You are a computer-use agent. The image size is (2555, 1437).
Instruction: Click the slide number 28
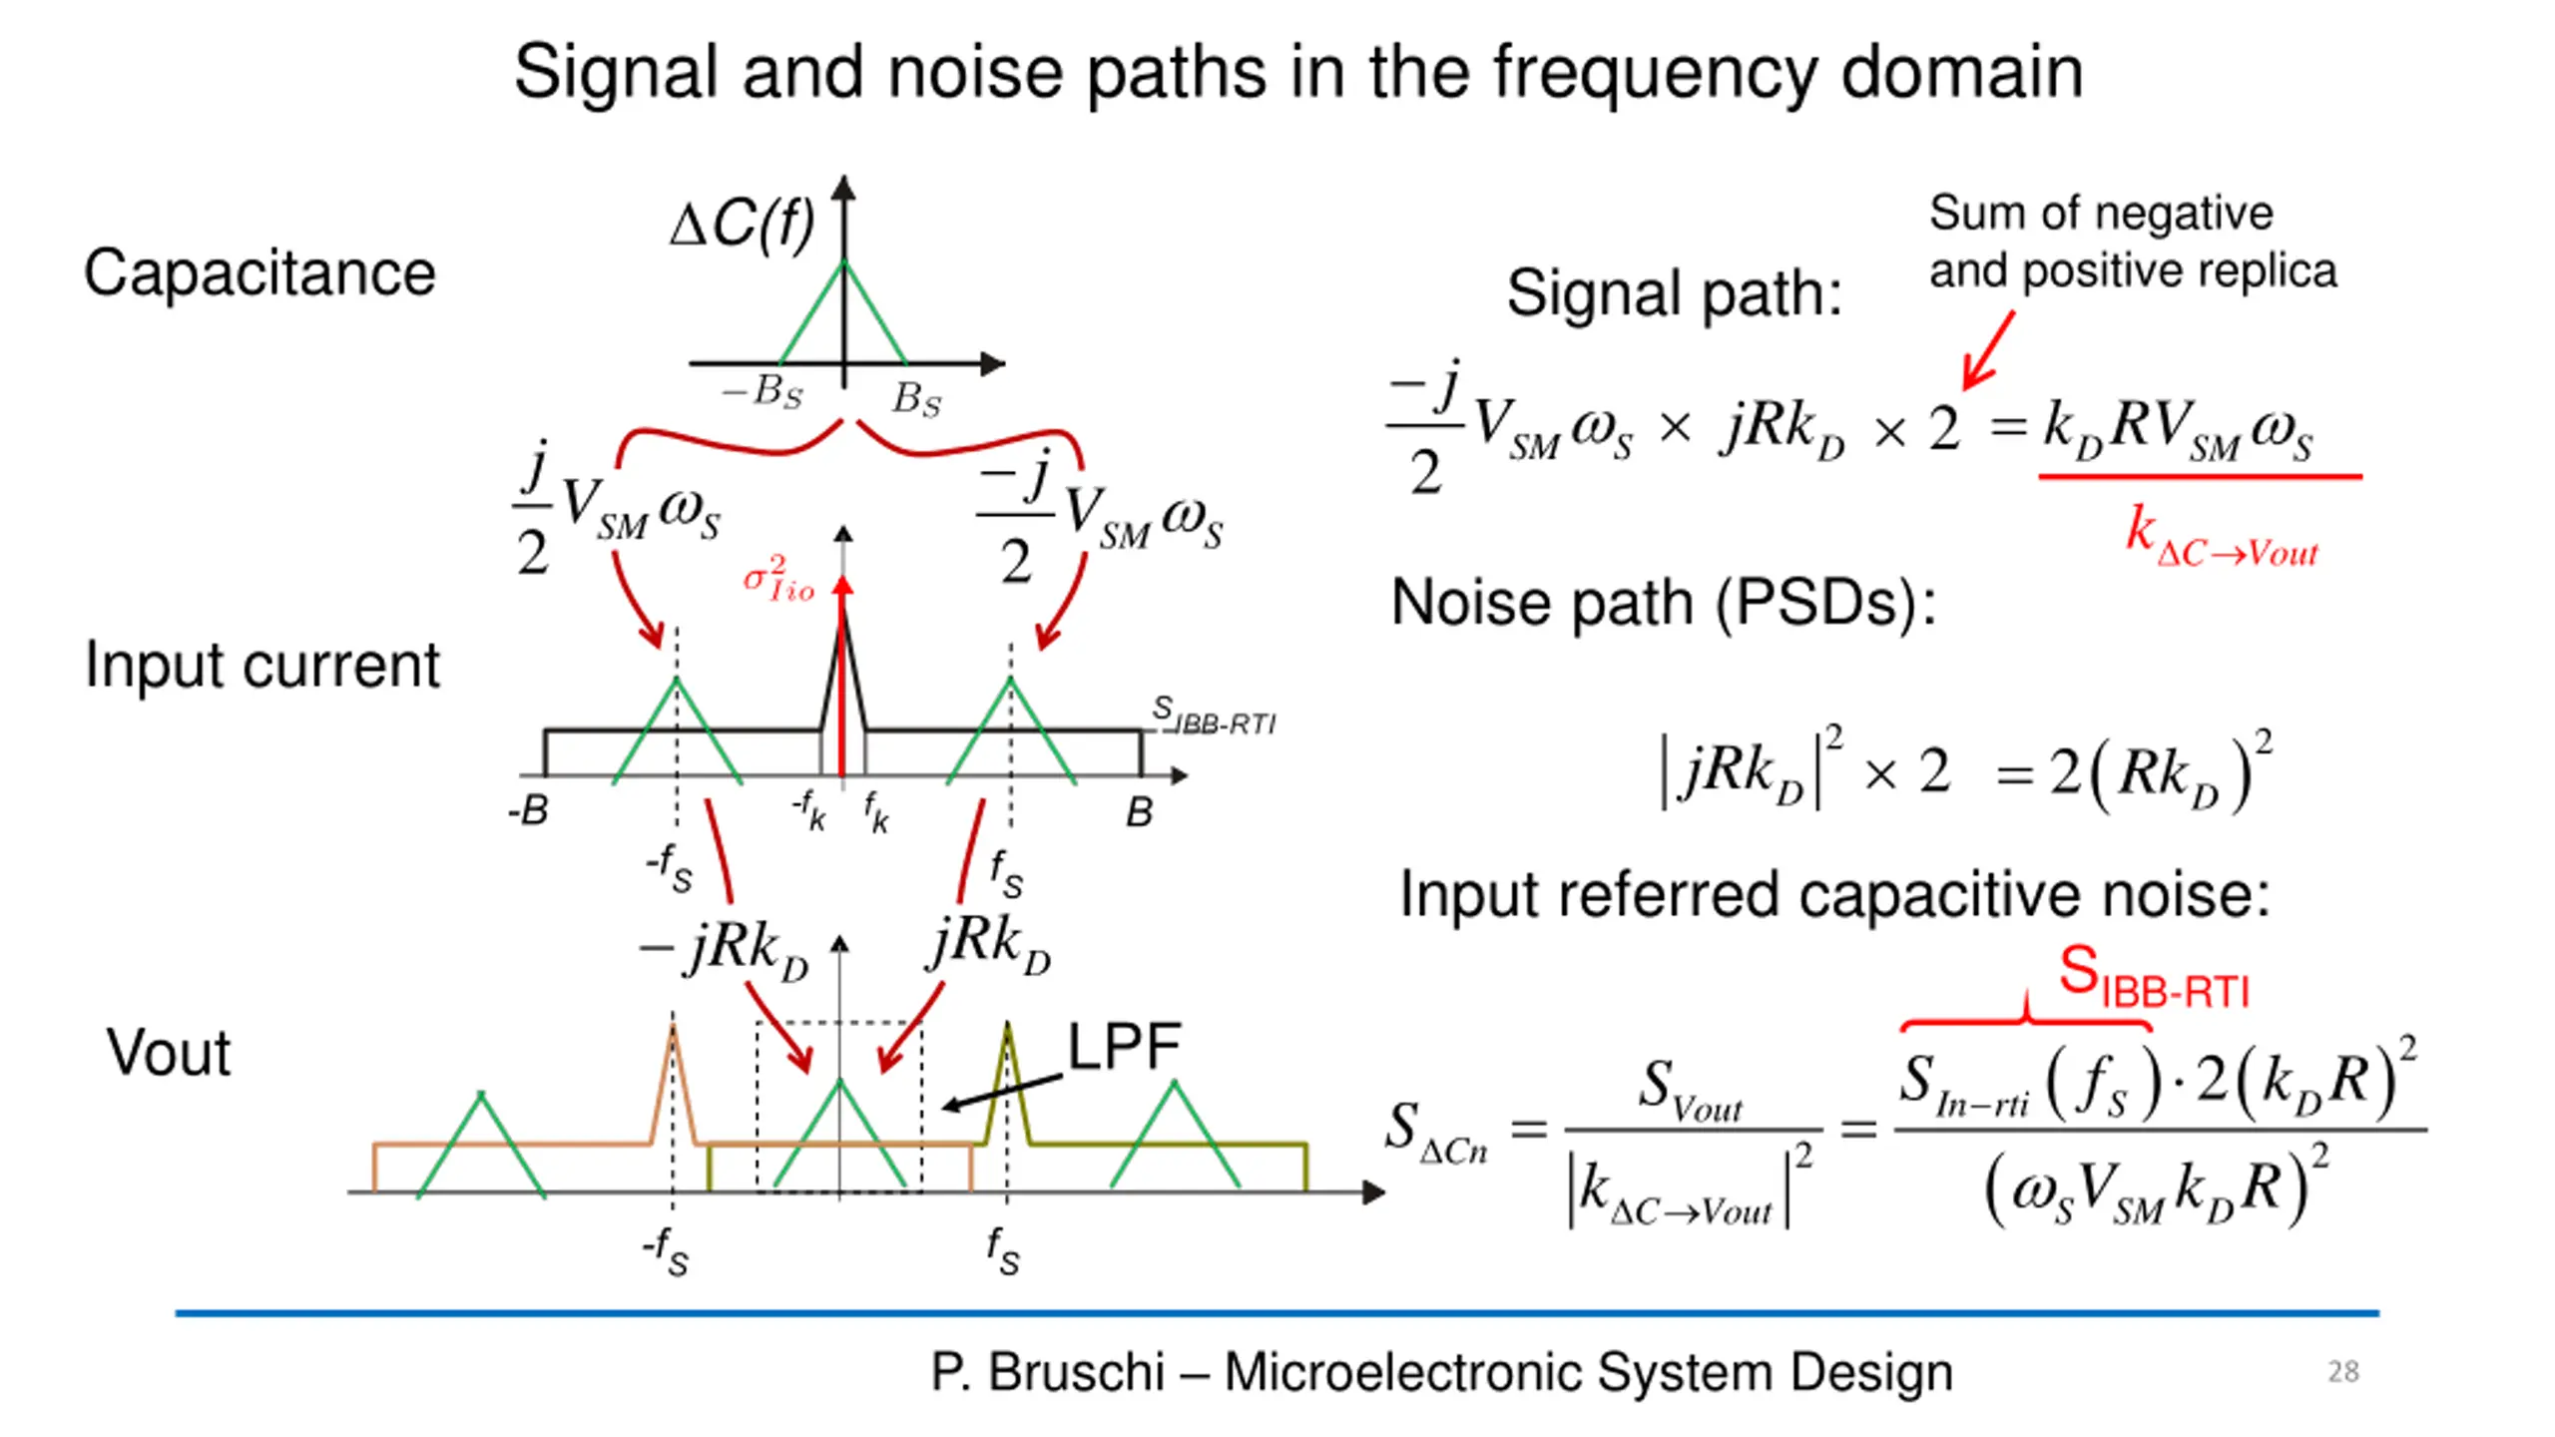pos(2342,1372)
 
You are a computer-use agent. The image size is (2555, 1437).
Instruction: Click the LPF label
pos(1125,1047)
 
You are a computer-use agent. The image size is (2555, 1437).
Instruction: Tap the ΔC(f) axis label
pos(743,223)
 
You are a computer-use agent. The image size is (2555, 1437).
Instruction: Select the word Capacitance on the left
pos(260,272)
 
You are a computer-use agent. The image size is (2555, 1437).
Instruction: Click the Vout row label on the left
pos(169,1053)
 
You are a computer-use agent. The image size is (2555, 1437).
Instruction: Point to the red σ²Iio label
pos(778,580)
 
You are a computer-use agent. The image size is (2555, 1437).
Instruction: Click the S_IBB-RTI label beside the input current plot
pos(1214,716)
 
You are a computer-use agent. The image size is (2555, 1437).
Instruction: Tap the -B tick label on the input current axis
pos(528,810)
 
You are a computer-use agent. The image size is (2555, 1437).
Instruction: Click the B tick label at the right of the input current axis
pos(1139,812)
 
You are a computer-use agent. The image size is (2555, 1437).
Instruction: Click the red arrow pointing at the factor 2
pos(1988,350)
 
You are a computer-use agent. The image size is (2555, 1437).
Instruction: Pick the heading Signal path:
pos(1674,293)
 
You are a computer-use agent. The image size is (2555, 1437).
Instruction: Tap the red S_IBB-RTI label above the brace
pos(2154,977)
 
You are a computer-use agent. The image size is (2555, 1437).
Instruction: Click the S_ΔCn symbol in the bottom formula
pos(1436,1133)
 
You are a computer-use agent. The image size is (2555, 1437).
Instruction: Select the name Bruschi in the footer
pos(1077,1372)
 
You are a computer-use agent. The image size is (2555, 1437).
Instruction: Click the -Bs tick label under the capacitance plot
pos(763,391)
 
